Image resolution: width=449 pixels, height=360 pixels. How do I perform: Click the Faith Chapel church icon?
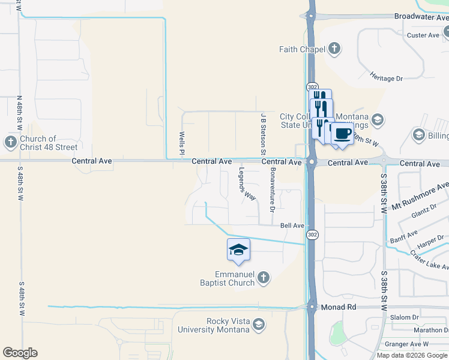click(x=334, y=49)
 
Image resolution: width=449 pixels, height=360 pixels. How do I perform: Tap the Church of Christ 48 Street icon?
click(x=10, y=143)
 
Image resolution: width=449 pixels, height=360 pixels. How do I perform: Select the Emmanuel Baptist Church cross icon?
click(x=262, y=277)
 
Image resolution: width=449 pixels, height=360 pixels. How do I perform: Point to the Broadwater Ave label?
click(x=421, y=17)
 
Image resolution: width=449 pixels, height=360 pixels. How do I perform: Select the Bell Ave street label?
click(x=292, y=226)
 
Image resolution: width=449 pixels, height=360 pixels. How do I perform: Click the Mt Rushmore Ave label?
click(x=420, y=196)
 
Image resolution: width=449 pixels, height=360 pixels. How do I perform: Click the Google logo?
click(x=20, y=353)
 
